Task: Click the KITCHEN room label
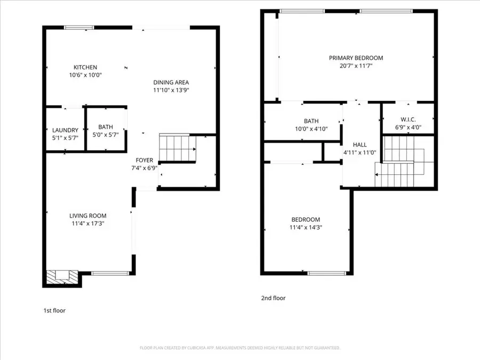(x=85, y=67)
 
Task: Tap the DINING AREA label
(x=171, y=82)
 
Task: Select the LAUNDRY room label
(x=65, y=130)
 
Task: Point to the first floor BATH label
(x=106, y=127)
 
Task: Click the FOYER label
(x=144, y=160)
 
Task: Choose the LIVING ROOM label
(x=88, y=215)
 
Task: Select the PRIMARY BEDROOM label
(x=356, y=58)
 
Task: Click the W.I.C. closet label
(x=408, y=119)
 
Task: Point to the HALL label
(x=360, y=145)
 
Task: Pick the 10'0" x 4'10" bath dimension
(x=311, y=129)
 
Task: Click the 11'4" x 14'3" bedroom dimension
(x=306, y=227)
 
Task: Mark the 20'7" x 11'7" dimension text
(x=356, y=66)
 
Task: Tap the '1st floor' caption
(x=54, y=310)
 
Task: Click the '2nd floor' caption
(x=273, y=298)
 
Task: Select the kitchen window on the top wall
(x=83, y=27)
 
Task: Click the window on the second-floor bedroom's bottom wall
(x=326, y=274)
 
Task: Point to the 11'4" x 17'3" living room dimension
(x=88, y=223)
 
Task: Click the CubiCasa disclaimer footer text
(x=240, y=348)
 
